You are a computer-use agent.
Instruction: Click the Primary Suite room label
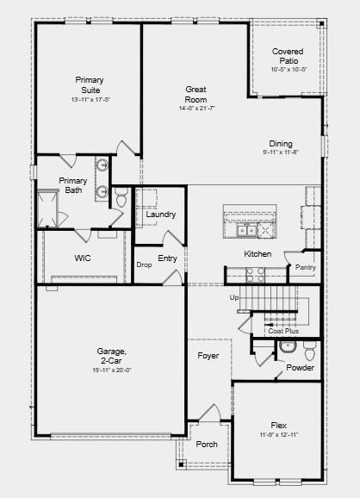(90, 84)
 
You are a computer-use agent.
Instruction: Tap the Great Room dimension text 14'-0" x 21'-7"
(197, 109)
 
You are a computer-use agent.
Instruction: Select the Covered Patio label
(289, 56)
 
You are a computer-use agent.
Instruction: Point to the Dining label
(281, 144)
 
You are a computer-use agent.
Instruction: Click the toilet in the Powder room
(309, 351)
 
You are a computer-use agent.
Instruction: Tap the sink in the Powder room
(288, 347)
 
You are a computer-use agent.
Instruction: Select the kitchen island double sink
(246, 230)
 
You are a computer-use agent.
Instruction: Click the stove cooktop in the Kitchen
(256, 275)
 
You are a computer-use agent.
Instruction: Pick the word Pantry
(306, 267)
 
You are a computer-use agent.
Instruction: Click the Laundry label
(161, 215)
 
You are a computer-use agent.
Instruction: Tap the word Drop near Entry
(144, 265)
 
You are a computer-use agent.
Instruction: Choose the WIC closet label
(83, 258)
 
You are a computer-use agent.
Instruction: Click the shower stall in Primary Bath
(47, 209)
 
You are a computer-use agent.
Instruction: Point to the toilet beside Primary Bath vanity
(121, 197)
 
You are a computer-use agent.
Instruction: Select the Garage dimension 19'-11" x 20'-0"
(112, 370)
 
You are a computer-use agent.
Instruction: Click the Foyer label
(208, 355)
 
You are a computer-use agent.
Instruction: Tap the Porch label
(207, 444)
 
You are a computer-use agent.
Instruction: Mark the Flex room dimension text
(279, 435)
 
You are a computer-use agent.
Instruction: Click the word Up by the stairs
(234, 298)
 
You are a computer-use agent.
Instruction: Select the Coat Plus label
(283, 331)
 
